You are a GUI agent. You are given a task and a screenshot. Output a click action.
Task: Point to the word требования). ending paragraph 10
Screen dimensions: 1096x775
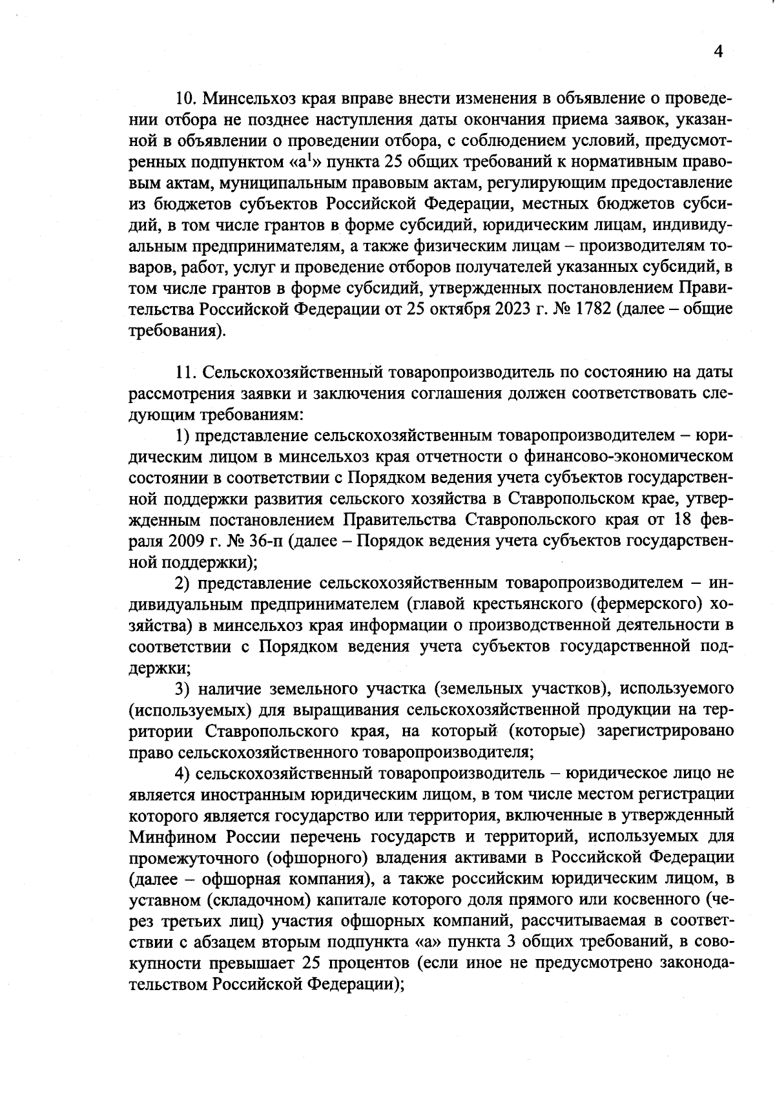[178, 330]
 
